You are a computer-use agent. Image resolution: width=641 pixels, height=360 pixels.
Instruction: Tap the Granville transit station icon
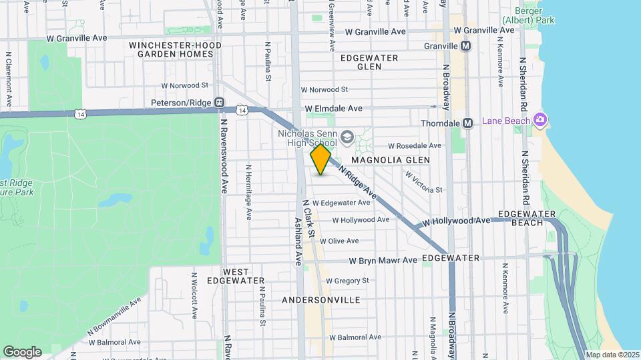click(466, 46)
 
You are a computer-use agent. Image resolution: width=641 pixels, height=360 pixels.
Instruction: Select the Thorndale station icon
click(468, 123)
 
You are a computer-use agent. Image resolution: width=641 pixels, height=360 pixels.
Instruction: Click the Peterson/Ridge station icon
click(219, 103)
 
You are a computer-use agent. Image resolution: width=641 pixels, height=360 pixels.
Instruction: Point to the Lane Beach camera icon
click(540, 120)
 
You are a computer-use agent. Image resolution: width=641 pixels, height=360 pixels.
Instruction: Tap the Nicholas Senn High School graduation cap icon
click(347, 137)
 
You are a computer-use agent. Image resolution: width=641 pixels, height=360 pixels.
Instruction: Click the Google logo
click(22, 352)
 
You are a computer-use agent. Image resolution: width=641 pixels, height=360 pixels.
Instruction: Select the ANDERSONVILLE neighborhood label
click(321, 301)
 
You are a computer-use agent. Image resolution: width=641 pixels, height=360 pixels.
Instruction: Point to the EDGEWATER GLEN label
click(369, 62)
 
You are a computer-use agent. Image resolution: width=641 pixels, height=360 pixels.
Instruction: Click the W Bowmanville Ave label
click(115, 317)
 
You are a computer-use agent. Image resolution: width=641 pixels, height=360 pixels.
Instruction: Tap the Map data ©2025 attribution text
click(612, 355)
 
